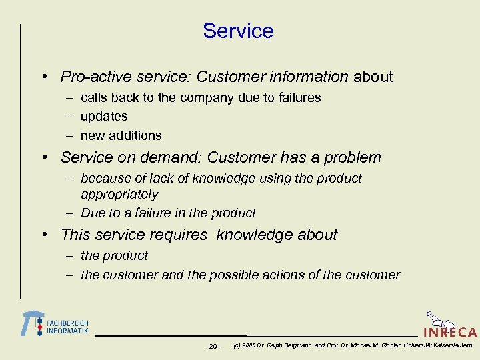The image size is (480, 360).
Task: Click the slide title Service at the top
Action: [x=238, y=31]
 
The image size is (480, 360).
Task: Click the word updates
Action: [x=103, y=117]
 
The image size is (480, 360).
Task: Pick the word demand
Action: [x=171, y=158]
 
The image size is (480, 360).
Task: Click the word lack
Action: [x=166, y=179]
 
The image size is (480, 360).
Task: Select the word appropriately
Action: [x=119, y=195]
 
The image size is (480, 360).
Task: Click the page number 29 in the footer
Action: [x=213, y=346]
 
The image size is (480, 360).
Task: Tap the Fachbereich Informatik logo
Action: [x=55, y=324]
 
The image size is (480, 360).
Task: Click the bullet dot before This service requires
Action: [x=43, y=235]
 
